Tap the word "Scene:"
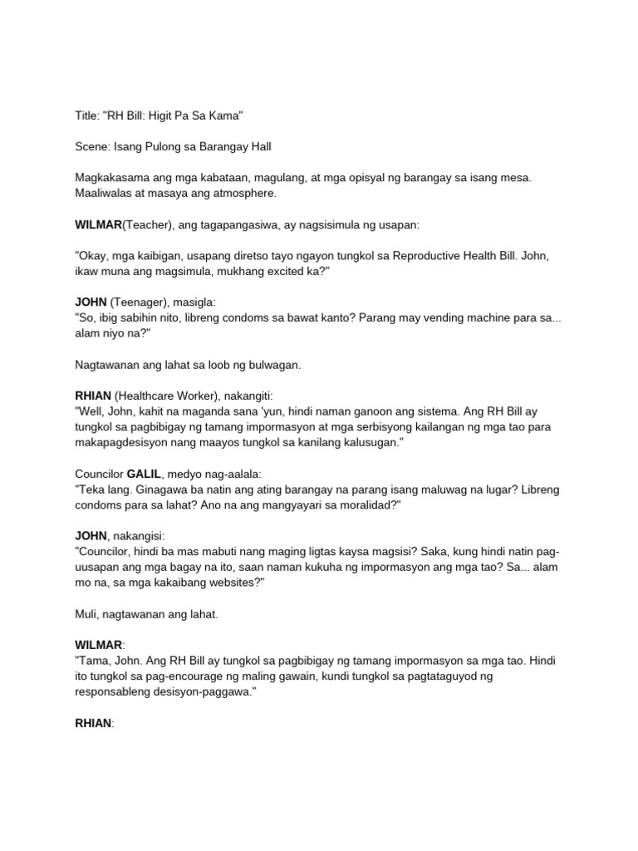[93, 147]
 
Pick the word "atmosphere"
[239, 194]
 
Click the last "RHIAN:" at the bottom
[94, 724]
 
